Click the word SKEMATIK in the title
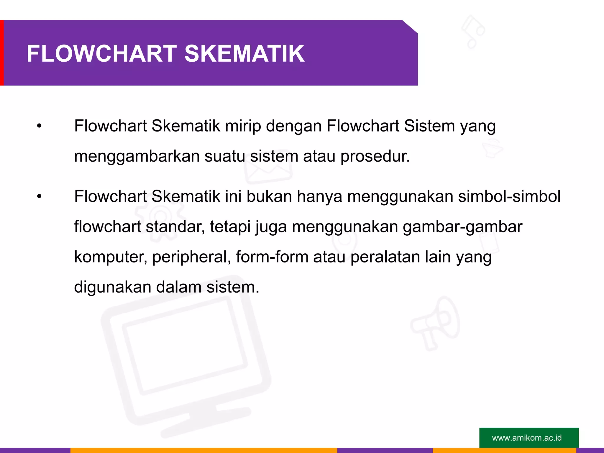(244, 54)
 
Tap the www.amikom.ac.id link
(527, 438)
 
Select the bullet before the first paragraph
(39, 126)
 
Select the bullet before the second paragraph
(39, 197)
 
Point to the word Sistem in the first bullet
(429, 126)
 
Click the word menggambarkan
(137, 156)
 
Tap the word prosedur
(375, 156)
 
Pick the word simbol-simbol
(509, 197)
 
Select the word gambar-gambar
(462, 227)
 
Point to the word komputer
(111, 257)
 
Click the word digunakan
(113, 287)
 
